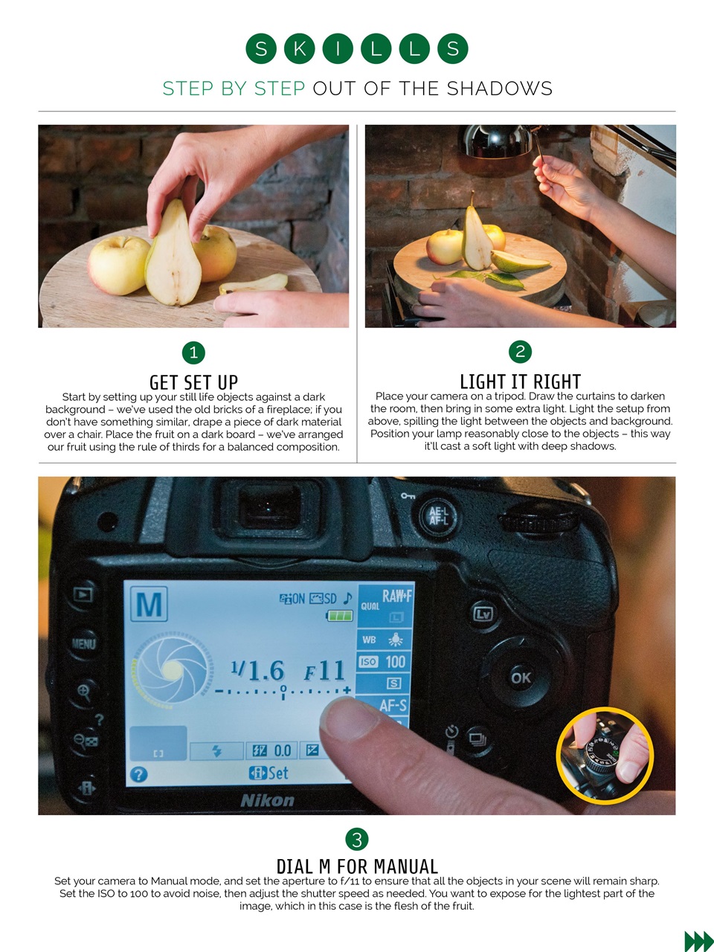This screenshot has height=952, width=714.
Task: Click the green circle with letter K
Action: coord(300,49)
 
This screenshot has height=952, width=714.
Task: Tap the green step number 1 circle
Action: coord(193,353)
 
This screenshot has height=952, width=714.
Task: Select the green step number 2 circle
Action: coord(520,352)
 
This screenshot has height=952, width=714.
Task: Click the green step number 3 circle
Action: coord(357,840)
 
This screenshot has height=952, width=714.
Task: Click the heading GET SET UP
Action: coord(193,382)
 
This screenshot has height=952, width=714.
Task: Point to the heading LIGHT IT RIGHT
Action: coord(520,382)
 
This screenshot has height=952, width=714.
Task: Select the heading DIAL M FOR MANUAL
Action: coord(357,866)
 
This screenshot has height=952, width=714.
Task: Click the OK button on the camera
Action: coord(521,678)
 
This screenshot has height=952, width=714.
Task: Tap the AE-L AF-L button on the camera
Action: coord(438,515)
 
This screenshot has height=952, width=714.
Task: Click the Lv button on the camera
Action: coord(483,614)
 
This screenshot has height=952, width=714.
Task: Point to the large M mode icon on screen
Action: coord(149,604)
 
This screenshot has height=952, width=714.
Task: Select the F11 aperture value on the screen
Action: coord(325,671)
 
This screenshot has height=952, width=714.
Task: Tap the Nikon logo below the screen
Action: coord(268,800)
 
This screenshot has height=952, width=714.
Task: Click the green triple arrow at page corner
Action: coord(698,941)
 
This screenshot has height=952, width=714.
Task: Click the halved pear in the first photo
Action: coord(173,257)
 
